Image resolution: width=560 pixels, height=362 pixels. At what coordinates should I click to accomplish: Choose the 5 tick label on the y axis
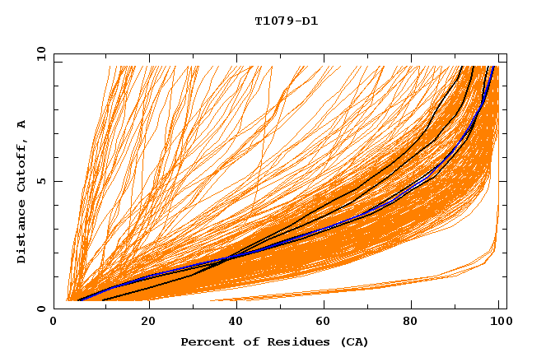coord(40,181)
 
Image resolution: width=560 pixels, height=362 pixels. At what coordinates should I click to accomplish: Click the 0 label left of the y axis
coord(40,309)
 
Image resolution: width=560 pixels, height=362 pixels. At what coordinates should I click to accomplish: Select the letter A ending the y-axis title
coord(22,123)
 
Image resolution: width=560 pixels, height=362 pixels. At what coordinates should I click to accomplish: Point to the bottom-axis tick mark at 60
coord(321,305)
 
